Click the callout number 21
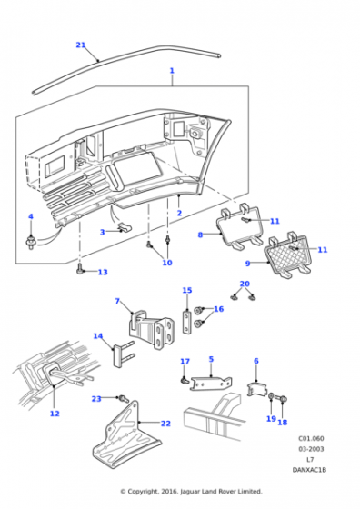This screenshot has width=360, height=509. click(81, 45)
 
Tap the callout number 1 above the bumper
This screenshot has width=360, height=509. click(172, 71)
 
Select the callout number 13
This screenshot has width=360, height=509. click(103, 272)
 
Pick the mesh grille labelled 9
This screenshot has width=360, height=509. click(288, 255)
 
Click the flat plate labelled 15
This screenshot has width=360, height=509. click(186, 323)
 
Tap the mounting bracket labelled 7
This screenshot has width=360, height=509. click(152, 330)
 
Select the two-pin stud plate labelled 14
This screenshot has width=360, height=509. click(122, 354)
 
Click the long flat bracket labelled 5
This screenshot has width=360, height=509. click(211, 384)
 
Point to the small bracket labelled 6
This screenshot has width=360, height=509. click(256, 389)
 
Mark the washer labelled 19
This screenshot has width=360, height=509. click(271, 396)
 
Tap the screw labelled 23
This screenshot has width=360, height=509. click(124, 398)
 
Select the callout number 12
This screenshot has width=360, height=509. click(55, 414)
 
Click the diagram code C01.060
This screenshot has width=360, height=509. click(311, 438)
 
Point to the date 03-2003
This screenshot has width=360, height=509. click(311, 449)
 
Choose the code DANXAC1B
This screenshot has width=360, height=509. click(309, 470)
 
